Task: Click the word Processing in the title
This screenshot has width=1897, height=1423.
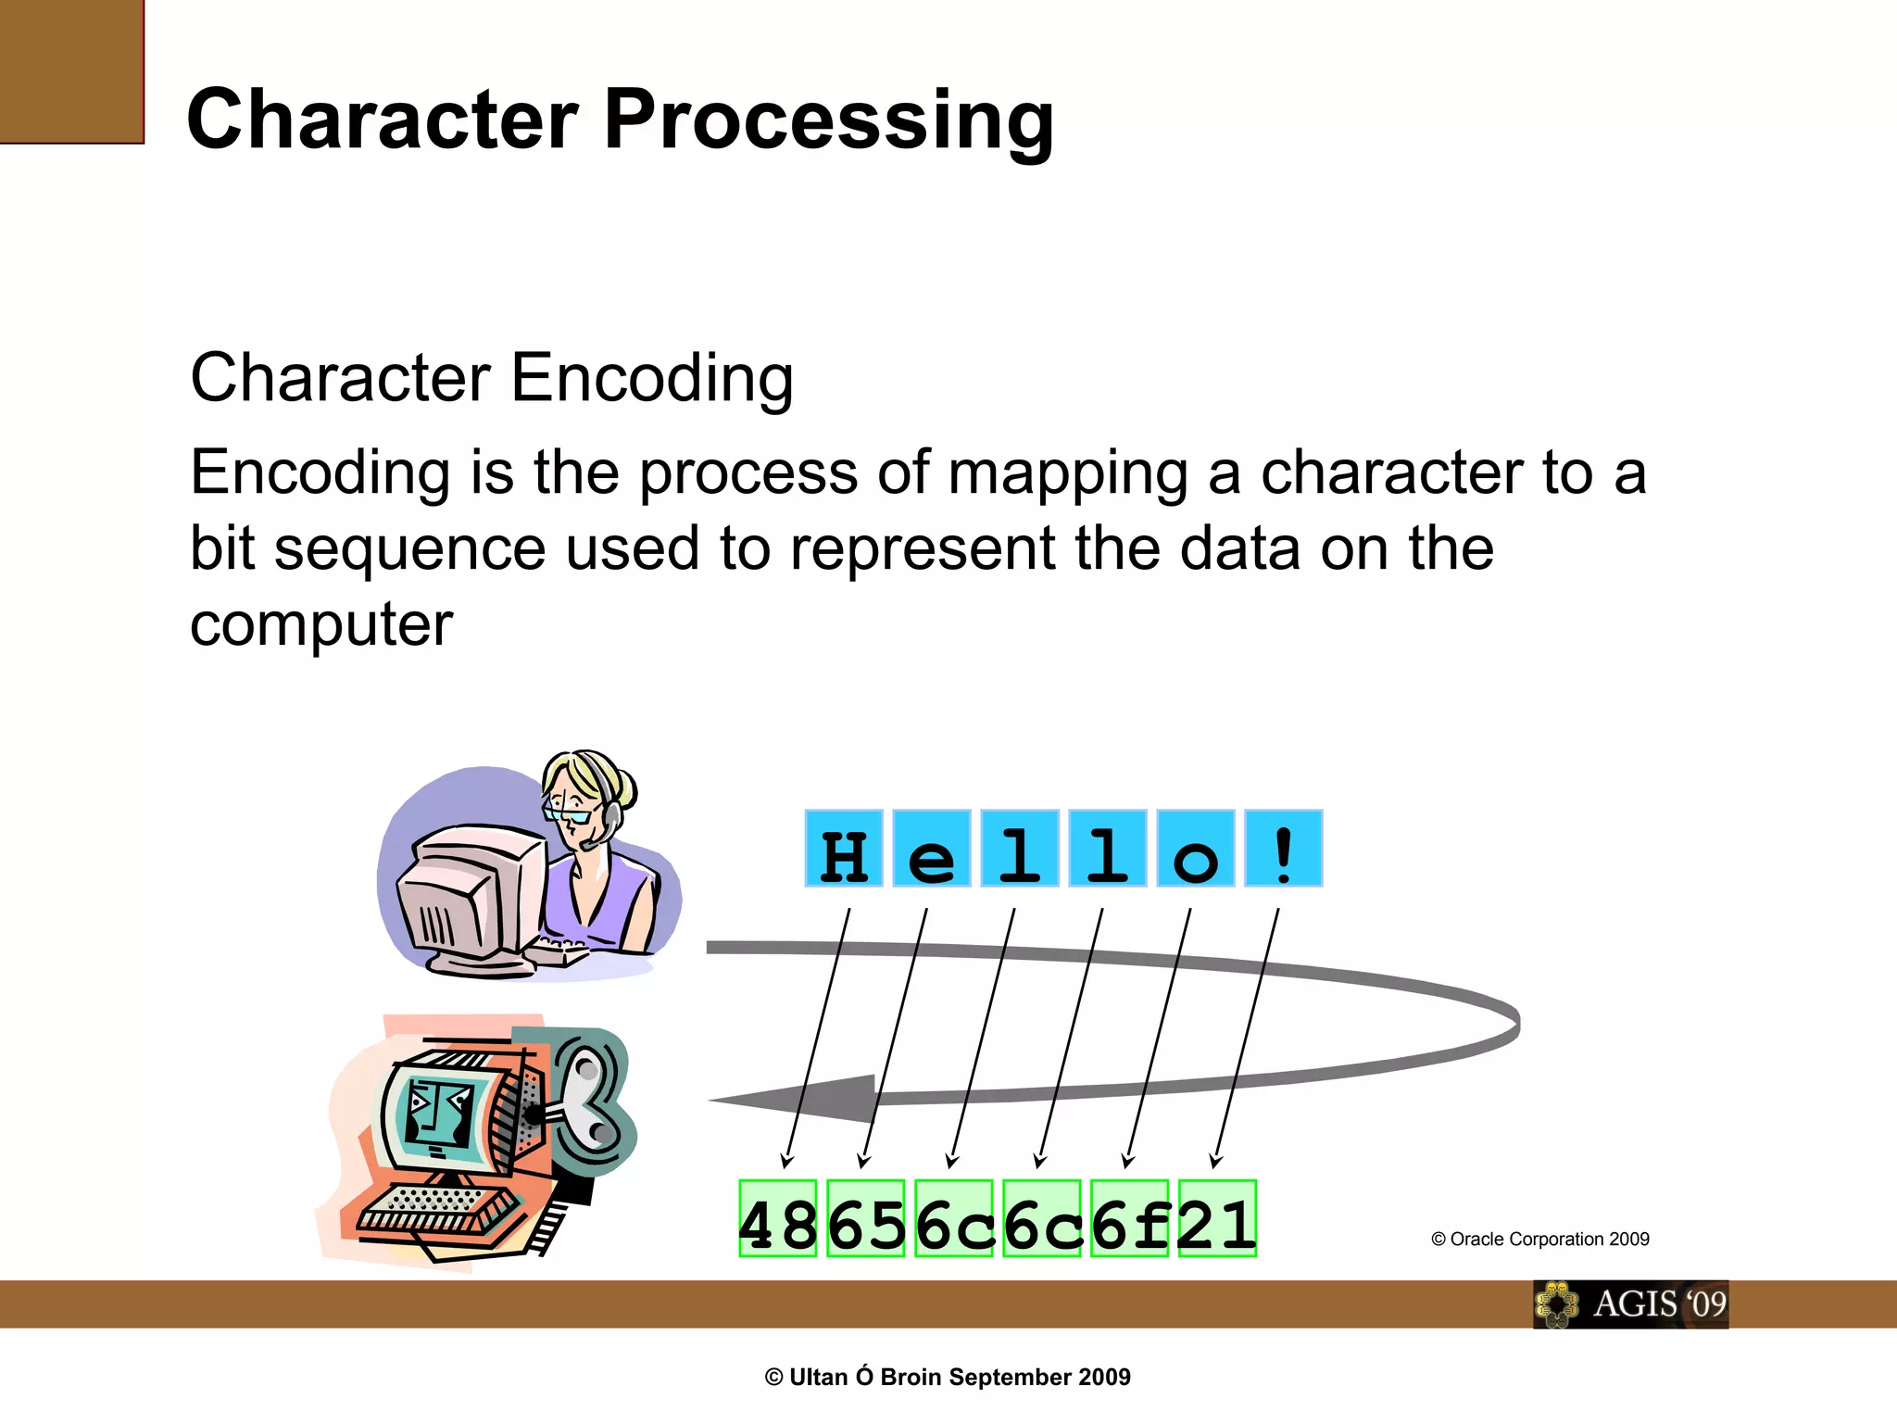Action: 829,120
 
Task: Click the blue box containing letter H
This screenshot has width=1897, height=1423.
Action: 844,849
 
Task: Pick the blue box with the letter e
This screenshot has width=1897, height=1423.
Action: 932,849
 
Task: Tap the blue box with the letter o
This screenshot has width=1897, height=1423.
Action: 1196,849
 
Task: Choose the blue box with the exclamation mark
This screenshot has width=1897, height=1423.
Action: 1284,849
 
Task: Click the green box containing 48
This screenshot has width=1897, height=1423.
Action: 778,1218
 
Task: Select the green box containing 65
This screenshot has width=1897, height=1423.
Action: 865,1218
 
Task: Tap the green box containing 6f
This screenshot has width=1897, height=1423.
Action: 1129,1218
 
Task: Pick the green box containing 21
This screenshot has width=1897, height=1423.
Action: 1217,1218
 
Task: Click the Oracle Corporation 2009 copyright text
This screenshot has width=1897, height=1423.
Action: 1539,1240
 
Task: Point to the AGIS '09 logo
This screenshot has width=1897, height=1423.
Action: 1630,1304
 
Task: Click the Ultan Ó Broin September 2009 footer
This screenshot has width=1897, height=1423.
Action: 948,1378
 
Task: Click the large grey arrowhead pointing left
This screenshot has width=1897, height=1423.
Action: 815,1100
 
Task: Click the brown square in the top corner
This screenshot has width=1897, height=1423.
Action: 71,71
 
